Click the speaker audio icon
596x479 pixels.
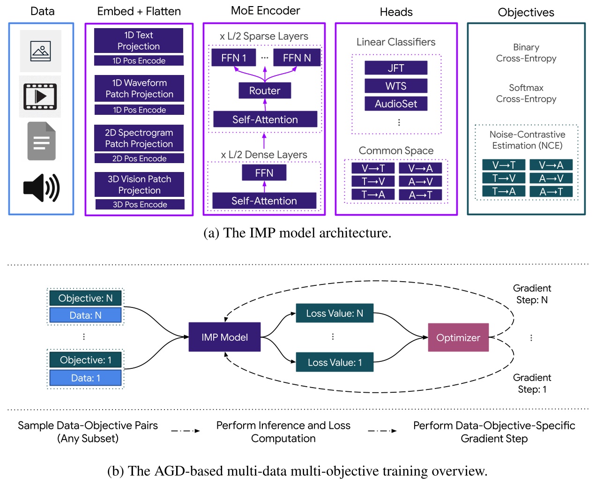tap(41, 188)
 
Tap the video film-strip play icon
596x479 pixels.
tap(40, 97)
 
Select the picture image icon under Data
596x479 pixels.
tap(40, 51)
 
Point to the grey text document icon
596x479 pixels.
tap(41, 141)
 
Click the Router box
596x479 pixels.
tap(265, 90)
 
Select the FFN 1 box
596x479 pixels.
tap(233, 58)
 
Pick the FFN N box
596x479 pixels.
tap(297, 58)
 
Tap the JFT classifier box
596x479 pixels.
tap(396, 68)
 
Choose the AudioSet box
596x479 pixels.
tap(396, 104)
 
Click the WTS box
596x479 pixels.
tap(396, 86)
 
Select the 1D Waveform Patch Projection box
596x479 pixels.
tap(139, 89)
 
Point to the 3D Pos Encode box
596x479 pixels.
tap(140, 204)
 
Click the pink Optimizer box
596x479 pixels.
tap(458, 337)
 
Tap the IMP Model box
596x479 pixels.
tap(224, 337)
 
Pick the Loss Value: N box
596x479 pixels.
tap(335, 313)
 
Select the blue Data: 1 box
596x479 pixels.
tap(85, 378)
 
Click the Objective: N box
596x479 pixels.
tap(85, 298)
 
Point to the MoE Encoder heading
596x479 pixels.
tap(265, 11)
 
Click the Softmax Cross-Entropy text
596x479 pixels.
tap(526, 93)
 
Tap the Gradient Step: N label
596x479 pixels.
tap(532, 294)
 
